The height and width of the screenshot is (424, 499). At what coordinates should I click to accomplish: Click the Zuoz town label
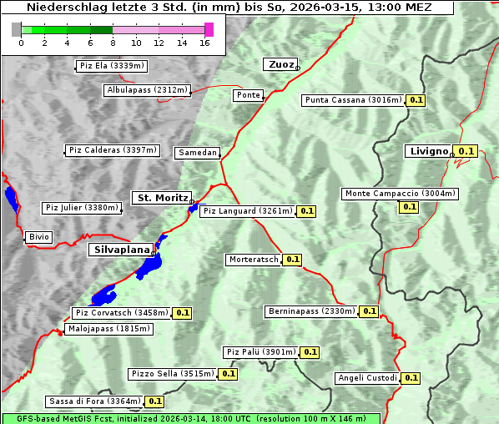(x=280, y=64)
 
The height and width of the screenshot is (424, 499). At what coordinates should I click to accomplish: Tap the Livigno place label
(x=428, y=151)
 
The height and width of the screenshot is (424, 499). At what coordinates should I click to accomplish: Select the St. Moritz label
(x=161, y=198)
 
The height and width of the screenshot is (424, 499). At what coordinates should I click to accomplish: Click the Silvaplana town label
(x=121, y=249)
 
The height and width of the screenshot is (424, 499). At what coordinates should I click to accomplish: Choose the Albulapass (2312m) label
(x=147, y=90)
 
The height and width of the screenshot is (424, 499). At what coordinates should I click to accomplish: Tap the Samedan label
(x=197, y=153)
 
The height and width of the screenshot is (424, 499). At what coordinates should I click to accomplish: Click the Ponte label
(x=248, y=95)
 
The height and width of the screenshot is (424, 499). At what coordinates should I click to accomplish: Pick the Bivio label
(x=39, y=237)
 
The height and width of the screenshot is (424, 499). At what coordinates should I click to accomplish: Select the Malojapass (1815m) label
(x=108, y=330)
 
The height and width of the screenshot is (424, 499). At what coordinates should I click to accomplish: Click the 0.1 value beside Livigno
(x=466, y=151)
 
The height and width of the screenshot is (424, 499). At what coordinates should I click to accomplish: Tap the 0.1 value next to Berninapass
(x=370, y=311)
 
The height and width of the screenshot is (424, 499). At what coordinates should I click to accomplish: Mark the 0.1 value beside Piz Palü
(x=310, y=352)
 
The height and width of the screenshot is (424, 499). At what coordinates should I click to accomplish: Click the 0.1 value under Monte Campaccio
(x=409, y=206)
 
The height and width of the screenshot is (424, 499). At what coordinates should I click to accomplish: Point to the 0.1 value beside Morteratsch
(x=293, y=260)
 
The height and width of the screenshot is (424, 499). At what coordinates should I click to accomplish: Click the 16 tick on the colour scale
(x=204, y=43)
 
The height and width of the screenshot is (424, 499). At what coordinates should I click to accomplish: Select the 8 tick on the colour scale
(x=113, y=43)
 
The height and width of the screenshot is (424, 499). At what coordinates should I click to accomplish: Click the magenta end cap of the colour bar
(x=209, y=29)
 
